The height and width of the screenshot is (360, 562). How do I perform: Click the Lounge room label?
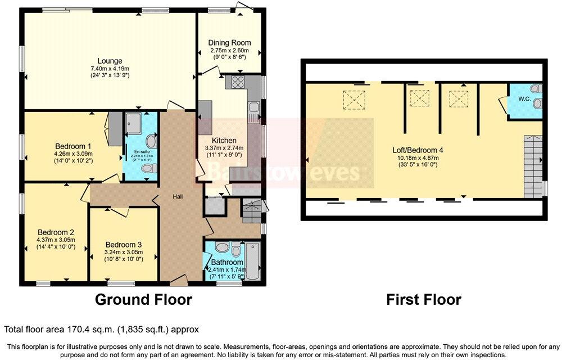click(110, 61)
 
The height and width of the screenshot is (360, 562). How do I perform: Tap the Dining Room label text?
click(229, 43)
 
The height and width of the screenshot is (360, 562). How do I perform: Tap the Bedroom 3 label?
click(124, 245)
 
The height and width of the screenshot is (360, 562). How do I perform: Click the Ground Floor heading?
click(143, 299)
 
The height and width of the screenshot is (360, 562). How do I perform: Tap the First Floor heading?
click(424, 299)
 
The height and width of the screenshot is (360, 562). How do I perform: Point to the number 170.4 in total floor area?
click(76, 329)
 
